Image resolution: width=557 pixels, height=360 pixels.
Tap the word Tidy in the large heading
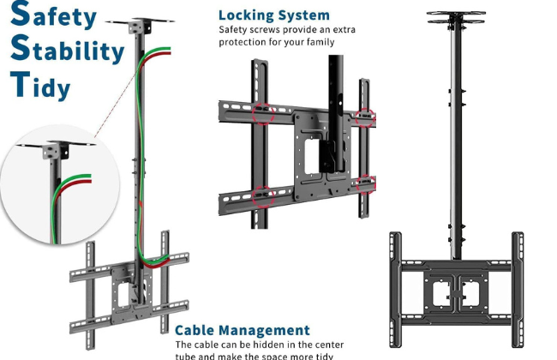click(41, 86)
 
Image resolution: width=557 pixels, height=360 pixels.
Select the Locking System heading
click(273, 15)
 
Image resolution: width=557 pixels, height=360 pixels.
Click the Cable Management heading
click(243, 330)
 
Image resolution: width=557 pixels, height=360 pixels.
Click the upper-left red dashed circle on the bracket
click(264, 115)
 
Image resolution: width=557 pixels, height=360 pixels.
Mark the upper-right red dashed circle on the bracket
click(366, 116)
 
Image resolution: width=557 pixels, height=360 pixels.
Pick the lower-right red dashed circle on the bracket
click(367, 183)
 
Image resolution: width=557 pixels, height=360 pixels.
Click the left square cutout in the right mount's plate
click(440, 291)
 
